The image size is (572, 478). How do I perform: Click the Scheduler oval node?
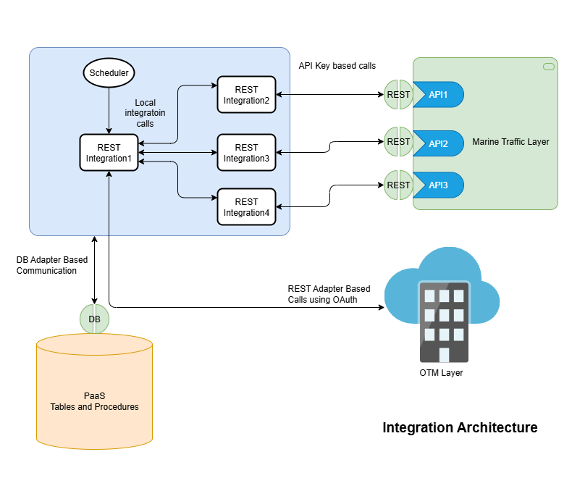(x=109, y=73)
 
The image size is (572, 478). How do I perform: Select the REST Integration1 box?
(x=109, y=153)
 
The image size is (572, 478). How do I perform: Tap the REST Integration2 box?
(x=246, y=95)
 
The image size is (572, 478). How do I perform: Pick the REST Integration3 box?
(x=246, y=153)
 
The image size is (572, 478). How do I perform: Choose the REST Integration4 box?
(x=246, y=207)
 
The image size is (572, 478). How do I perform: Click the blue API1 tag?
(x=438, y=95)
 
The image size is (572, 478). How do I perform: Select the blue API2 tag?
(x=438, y=143)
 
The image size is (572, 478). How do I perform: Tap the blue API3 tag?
(x=438, y=185)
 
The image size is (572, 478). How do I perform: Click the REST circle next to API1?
(x=398, y=95)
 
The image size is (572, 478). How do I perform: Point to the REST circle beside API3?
(x=398, y=185)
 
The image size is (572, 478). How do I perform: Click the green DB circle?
(x=94, y=319)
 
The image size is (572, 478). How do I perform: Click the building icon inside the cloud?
(x=443, y=323)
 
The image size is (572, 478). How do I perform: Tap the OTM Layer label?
(x=441, y=373)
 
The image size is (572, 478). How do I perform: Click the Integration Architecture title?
(x=460, y=427)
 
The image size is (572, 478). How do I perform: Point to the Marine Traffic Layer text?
(x=510, y=142)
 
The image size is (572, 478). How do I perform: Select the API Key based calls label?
(x=337, y=66)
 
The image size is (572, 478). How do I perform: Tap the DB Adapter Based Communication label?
(x=46, y=265)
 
